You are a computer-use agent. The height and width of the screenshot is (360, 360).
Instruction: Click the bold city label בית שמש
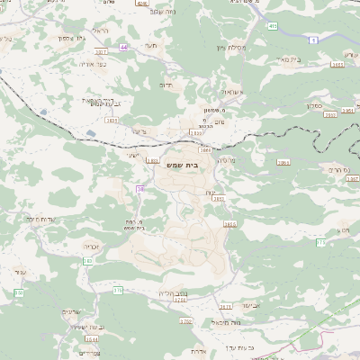pyautogui.click(x=180, y=166)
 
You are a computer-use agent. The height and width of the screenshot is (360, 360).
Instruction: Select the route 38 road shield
pyautogui.click(x=140, y=188)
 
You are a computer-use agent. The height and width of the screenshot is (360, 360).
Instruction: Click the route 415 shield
pyautogui.click(x=272, y=27)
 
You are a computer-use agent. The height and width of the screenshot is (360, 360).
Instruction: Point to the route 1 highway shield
pyautogui.click(x=310, y=41)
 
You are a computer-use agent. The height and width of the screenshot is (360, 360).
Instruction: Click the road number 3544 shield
pyautogui.click(x=92, y=339)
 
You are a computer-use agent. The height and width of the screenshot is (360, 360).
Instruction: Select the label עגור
pyautogui.click(x=22, y=270)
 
